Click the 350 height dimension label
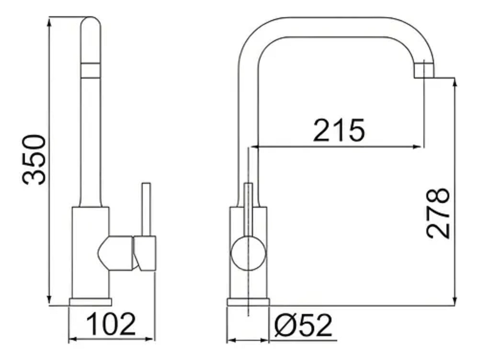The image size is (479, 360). click(x=34, y=159)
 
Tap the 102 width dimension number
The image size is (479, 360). click(x=111, y=324)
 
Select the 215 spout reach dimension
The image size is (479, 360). click(x=339, y=130)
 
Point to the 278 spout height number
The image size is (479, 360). click(x=438, y=213)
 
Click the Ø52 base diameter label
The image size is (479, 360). click(x=303, y=325)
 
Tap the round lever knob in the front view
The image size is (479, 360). click(x=248, y=254)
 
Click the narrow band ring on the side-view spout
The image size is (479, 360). click(x=91, y=70)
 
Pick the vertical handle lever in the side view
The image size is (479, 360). click(x=146, y=210)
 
